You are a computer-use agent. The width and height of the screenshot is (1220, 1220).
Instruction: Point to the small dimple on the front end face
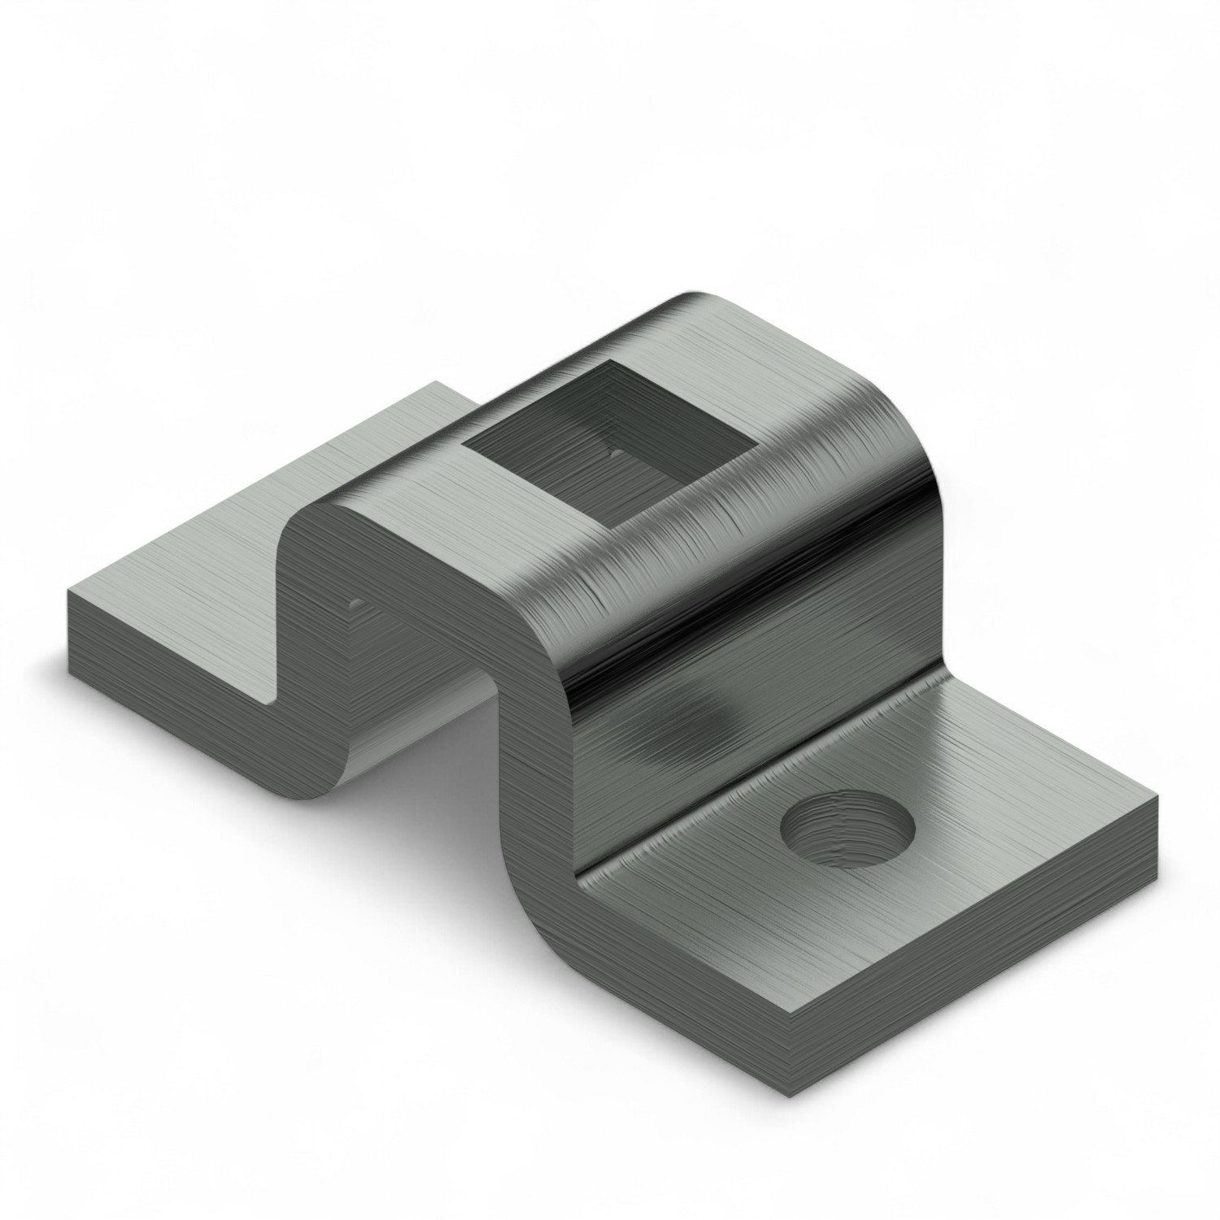[355, 603]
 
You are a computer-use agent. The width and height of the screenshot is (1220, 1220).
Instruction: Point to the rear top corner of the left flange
[437, 382]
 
